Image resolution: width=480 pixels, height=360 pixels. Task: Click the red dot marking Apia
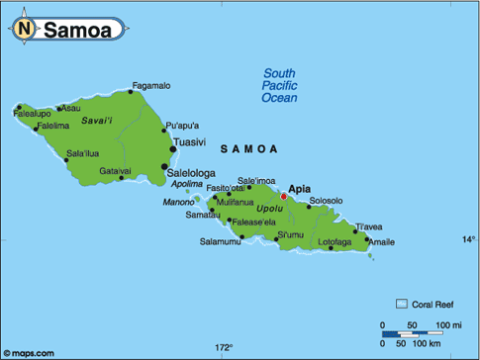[283, 197]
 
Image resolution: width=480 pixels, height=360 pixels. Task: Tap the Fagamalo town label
[151, 86]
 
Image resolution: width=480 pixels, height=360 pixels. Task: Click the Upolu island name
[269, 209]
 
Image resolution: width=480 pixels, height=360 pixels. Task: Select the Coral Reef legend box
[402, 304]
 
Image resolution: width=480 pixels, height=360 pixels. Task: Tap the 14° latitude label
[468, 239]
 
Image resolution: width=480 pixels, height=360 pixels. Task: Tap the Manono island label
[178, 203]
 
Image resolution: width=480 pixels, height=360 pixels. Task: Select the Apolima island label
[186, 184]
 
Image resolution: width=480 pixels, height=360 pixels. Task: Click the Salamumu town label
[220, 241]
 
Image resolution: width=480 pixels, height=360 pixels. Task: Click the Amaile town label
[381, 242]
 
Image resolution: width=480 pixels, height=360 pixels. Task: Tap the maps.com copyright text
[29, 352]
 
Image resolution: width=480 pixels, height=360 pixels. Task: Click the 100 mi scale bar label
[447, 325]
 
